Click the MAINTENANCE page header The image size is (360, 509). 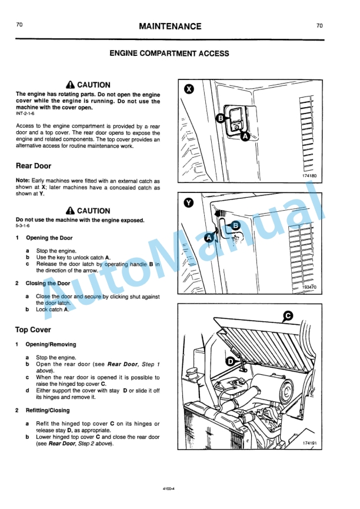click(x=170, y=26)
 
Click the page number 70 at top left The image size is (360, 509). click(x=19, y=25)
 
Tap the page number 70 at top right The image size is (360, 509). click(x=319, y=25)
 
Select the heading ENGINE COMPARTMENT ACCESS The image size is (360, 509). click(x=169, y=54)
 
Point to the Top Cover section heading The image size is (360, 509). click(x=33, y=330)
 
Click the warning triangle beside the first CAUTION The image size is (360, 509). click(x=71, y=85)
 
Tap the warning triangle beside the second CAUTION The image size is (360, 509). click(x=71, y=211)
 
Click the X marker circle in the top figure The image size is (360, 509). click(x=188, y=89)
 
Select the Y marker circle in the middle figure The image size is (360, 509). click(x=188, y=202)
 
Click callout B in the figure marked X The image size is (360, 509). click(x=221, y=118)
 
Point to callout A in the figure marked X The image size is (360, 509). click(x=245, y=136)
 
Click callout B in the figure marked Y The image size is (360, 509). click(x=236, y=225)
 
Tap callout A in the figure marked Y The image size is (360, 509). click(x=208, y=238)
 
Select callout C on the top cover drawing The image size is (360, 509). click(x=288, y=316)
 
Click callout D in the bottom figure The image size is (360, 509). click(x=231, y=361)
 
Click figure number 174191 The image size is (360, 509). click(x=309, y=443)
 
